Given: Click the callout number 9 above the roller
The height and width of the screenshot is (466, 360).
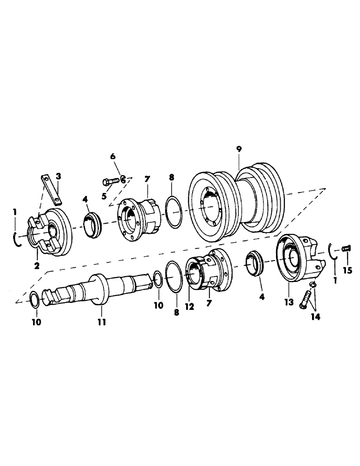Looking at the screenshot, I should pyautogui.click(x=239, y=150).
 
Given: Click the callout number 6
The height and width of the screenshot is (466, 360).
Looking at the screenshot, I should pyautogui.click(x=112, y=157).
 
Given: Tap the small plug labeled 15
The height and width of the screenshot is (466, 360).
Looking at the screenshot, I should pyautogui.click(x=346, y=249).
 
